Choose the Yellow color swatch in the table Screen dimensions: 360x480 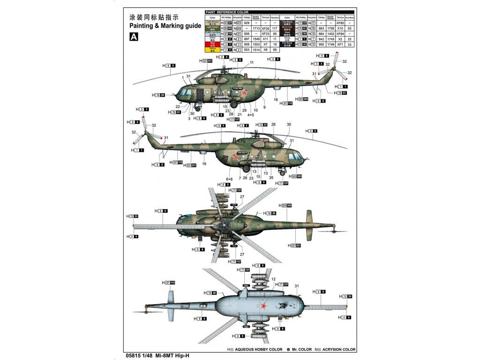pos(212,49)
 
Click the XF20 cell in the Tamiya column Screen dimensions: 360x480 pos(265,28)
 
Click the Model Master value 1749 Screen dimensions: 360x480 pos(331,44)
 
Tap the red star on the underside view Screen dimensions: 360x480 pos(264,306)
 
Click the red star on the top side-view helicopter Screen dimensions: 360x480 pos(244,93)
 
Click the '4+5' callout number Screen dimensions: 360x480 pos(251,114)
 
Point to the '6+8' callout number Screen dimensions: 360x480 pos(229,179)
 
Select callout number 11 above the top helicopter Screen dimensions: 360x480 pos(252,62)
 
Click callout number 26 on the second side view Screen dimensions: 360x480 pos(273,125)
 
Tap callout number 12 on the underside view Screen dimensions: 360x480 pos(273,279)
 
